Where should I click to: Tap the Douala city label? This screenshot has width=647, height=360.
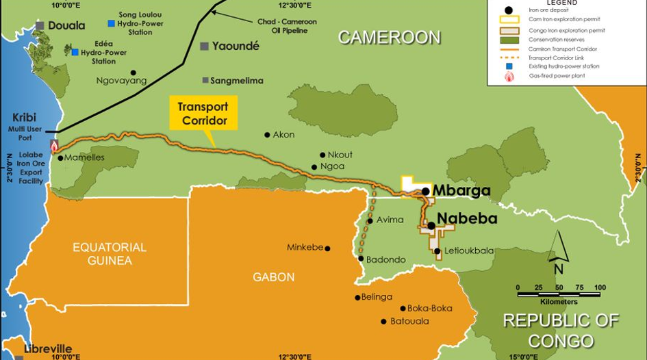(66, 26)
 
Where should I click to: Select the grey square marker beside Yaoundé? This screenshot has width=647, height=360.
(204, 47)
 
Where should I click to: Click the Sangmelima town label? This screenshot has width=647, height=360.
(237, 80)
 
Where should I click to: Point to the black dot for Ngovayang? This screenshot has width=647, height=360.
(134, 73)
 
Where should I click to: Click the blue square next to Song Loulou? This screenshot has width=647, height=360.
(111, 23)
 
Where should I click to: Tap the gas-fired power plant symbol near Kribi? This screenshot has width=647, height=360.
(54, 146)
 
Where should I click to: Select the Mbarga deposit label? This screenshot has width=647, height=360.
(461, 191)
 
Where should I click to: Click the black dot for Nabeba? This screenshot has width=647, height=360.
(431, 225)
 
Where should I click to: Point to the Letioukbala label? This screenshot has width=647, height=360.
(469, 251)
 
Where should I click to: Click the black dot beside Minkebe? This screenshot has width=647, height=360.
(327, 248)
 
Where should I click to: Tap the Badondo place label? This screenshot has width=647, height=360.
(386, 259)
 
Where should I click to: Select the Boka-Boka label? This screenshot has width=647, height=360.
(431, 308)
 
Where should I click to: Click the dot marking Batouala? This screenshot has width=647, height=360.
(383, 322)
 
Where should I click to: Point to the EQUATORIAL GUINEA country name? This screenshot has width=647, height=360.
(110, 253)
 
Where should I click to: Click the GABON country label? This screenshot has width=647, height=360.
(274, 277)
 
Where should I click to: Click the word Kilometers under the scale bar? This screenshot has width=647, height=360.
(559, 302)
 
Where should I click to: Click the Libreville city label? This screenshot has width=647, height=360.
(47, 349)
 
